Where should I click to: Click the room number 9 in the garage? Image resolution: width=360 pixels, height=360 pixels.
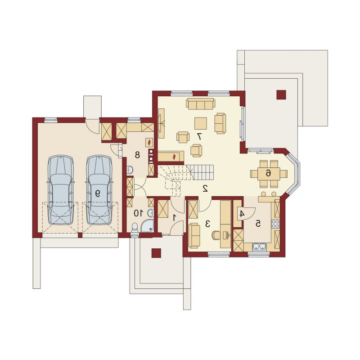click(98, 194)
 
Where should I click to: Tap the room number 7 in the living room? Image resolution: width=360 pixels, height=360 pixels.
click(199, 136)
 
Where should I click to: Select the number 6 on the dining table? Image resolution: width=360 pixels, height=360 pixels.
click(268, 173)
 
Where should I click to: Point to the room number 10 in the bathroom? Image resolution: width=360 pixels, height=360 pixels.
click(139, 213)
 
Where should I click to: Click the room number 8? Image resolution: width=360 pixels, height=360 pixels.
click(137, 155)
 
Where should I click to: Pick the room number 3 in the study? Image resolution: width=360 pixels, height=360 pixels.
click(207, 223)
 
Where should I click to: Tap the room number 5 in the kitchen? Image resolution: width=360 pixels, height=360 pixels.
click(258, 223)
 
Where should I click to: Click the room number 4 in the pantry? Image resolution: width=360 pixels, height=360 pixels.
click(242, 214)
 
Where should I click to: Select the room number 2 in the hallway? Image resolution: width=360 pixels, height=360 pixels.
click(205, 188)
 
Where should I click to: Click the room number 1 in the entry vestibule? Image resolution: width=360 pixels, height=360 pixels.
click(174, 217)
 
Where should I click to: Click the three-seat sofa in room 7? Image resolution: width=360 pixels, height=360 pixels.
click(201, 104)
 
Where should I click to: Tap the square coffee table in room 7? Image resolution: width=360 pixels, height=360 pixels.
click(201, 123)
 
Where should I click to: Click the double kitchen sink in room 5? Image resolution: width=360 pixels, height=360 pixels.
click(260, 247)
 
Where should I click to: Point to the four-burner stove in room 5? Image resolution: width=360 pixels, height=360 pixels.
click(275, 224)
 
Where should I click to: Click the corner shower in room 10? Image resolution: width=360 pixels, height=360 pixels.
click(148, 226)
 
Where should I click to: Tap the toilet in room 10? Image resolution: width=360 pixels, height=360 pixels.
click(135, 228)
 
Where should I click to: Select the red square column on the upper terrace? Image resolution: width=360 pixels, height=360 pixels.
click(281, 94)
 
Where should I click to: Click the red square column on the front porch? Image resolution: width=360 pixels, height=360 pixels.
click(156, 253)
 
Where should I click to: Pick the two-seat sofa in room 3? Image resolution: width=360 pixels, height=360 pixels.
click(194, 235)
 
